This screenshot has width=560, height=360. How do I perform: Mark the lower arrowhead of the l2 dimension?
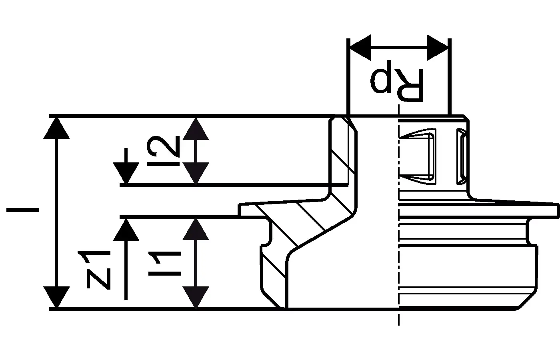pos(196,173)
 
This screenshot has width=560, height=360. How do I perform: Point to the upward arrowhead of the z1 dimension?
pos(126,230)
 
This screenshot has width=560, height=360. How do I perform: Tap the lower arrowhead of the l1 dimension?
pos(196,297)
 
